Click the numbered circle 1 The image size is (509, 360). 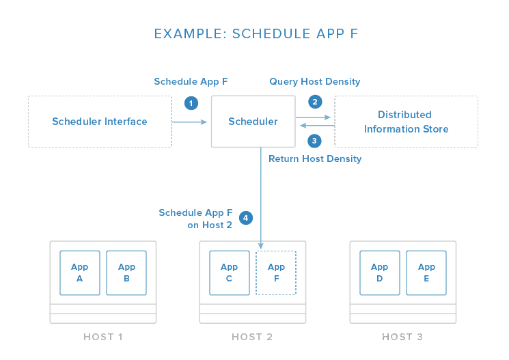pos(191,103)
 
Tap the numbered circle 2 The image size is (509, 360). pos(315,102)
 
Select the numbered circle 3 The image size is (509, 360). pos(314,141)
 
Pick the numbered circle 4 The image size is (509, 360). pos(246,218)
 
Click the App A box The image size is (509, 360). pos(80,273)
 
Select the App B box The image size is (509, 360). pos(126,273)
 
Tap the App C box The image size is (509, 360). pos(230,273)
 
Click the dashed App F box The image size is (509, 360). pos(276,273)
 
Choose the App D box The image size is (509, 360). pos(380,273)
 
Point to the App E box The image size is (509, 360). pos(426,273)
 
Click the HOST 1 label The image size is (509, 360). pos(103,337)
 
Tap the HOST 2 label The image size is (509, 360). pos(252,337)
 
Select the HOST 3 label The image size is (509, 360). pos(402,337)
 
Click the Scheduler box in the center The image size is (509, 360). pos(253,122)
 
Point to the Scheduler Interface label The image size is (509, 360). pos(100,122)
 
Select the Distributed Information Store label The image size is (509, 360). pos(406,122)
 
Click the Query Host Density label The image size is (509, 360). pos(315,81)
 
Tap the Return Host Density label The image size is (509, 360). pos(315,158)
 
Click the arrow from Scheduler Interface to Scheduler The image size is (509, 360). pos(189,122)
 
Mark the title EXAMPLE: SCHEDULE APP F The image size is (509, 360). pos(256,33)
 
